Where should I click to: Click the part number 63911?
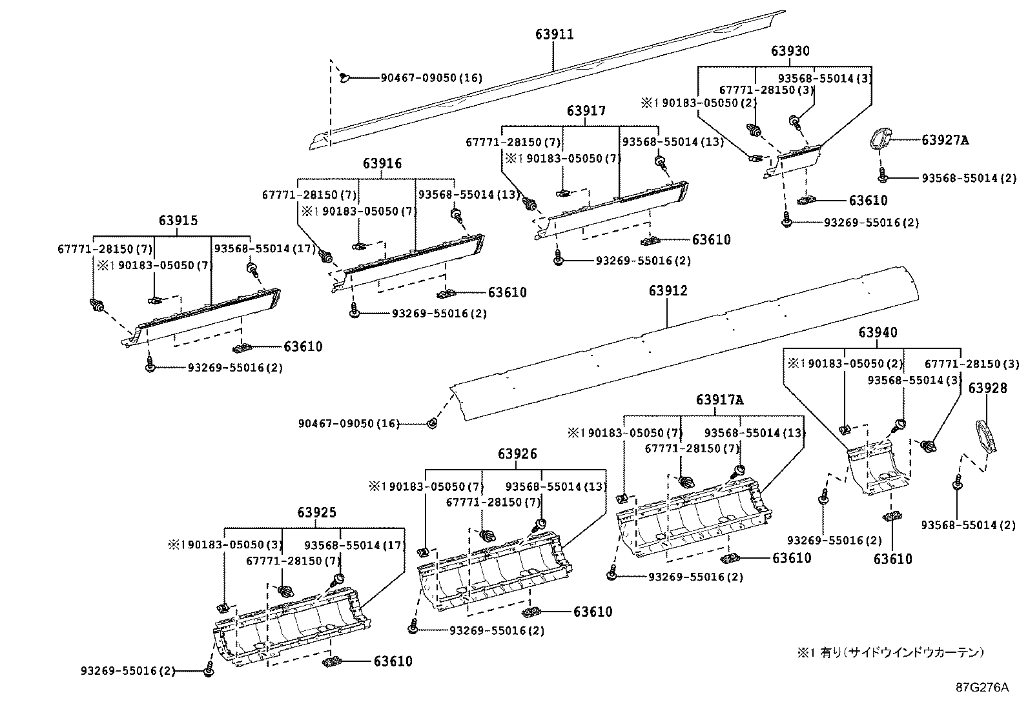point(554,34)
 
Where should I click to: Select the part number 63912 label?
point(668,291)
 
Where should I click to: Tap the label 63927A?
point(945,140)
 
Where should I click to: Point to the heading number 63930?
point(790,51)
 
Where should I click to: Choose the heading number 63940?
point(878,332)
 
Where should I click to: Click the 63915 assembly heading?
point(178,221)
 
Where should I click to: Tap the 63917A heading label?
point(719,400)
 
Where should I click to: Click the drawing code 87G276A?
point(982,687)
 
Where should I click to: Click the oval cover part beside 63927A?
point(880,139)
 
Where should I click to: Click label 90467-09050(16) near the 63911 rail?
point(431,78)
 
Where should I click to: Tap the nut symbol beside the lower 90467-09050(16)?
point(431,423)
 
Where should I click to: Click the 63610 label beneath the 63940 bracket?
point(893,559)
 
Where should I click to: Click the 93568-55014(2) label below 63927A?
point(969,178)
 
